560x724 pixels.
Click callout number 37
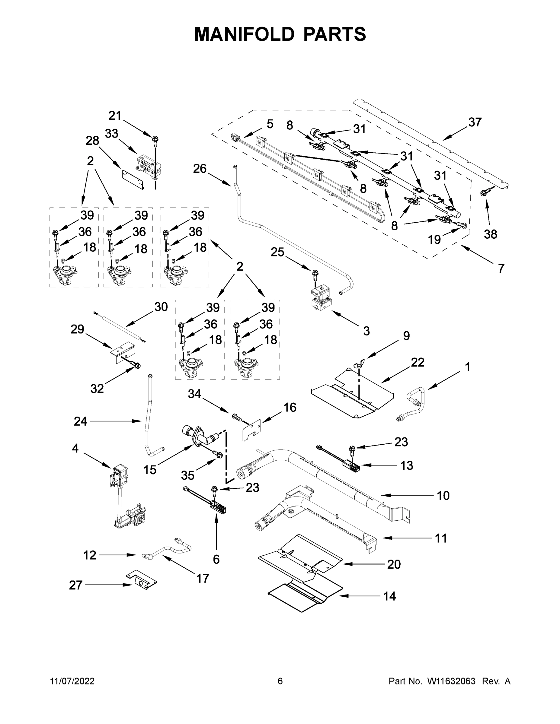click(x=475, y=122)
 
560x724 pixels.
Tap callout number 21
click(x=115, y=116)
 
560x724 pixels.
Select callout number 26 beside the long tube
click(x=200, y=169)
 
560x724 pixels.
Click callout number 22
click(x=417, y=362)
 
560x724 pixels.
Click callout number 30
click(x=161, y=307)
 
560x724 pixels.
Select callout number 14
click(x=389, y=596)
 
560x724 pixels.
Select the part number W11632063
click(x=451, y=681)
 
